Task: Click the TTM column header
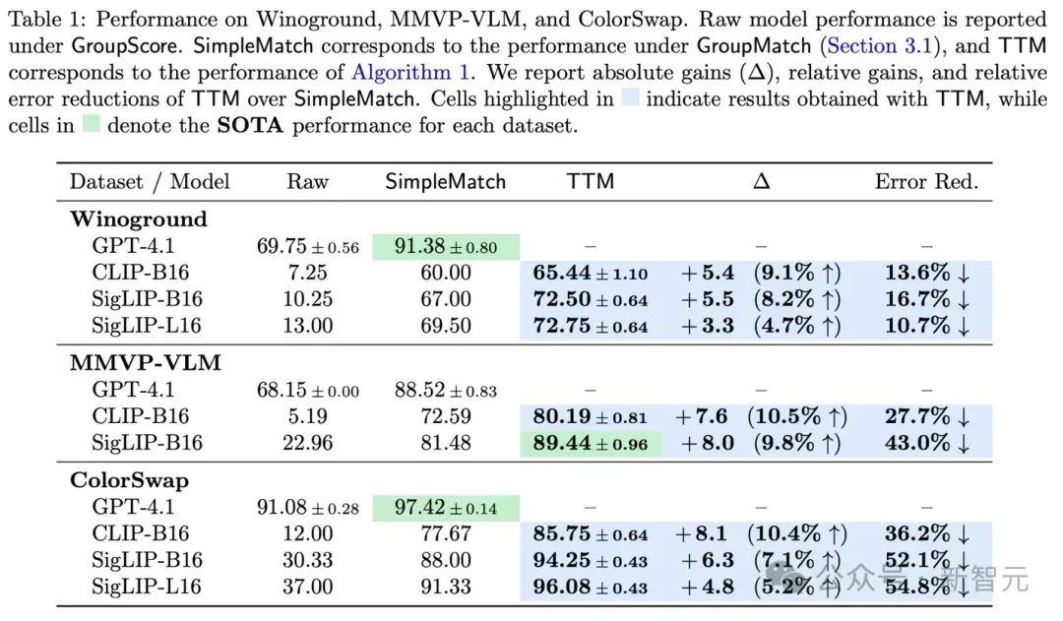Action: [x=590, y=182]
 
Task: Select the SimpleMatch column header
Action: [x=446, y=182]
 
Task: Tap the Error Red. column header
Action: [x=926, y=182]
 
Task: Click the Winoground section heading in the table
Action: [x=139, y=219]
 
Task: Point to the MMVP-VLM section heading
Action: [x=145, y=363]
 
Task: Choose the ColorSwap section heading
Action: [x=130, y=480]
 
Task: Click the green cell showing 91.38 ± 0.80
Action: [x=446, y=247]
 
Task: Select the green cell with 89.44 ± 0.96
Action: [x=590, y=444]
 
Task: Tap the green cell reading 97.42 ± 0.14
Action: [x=446, y=508]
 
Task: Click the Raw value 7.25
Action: [x=307, y=273]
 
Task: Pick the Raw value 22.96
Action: [x=307, y=443]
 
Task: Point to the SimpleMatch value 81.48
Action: [x=446, y=443]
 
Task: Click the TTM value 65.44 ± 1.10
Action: [x=590, y=273]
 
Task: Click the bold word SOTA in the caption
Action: [x=249, y=125]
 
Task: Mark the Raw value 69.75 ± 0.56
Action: [x=307, y=247]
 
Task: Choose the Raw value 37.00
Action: [x=307, y=587]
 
